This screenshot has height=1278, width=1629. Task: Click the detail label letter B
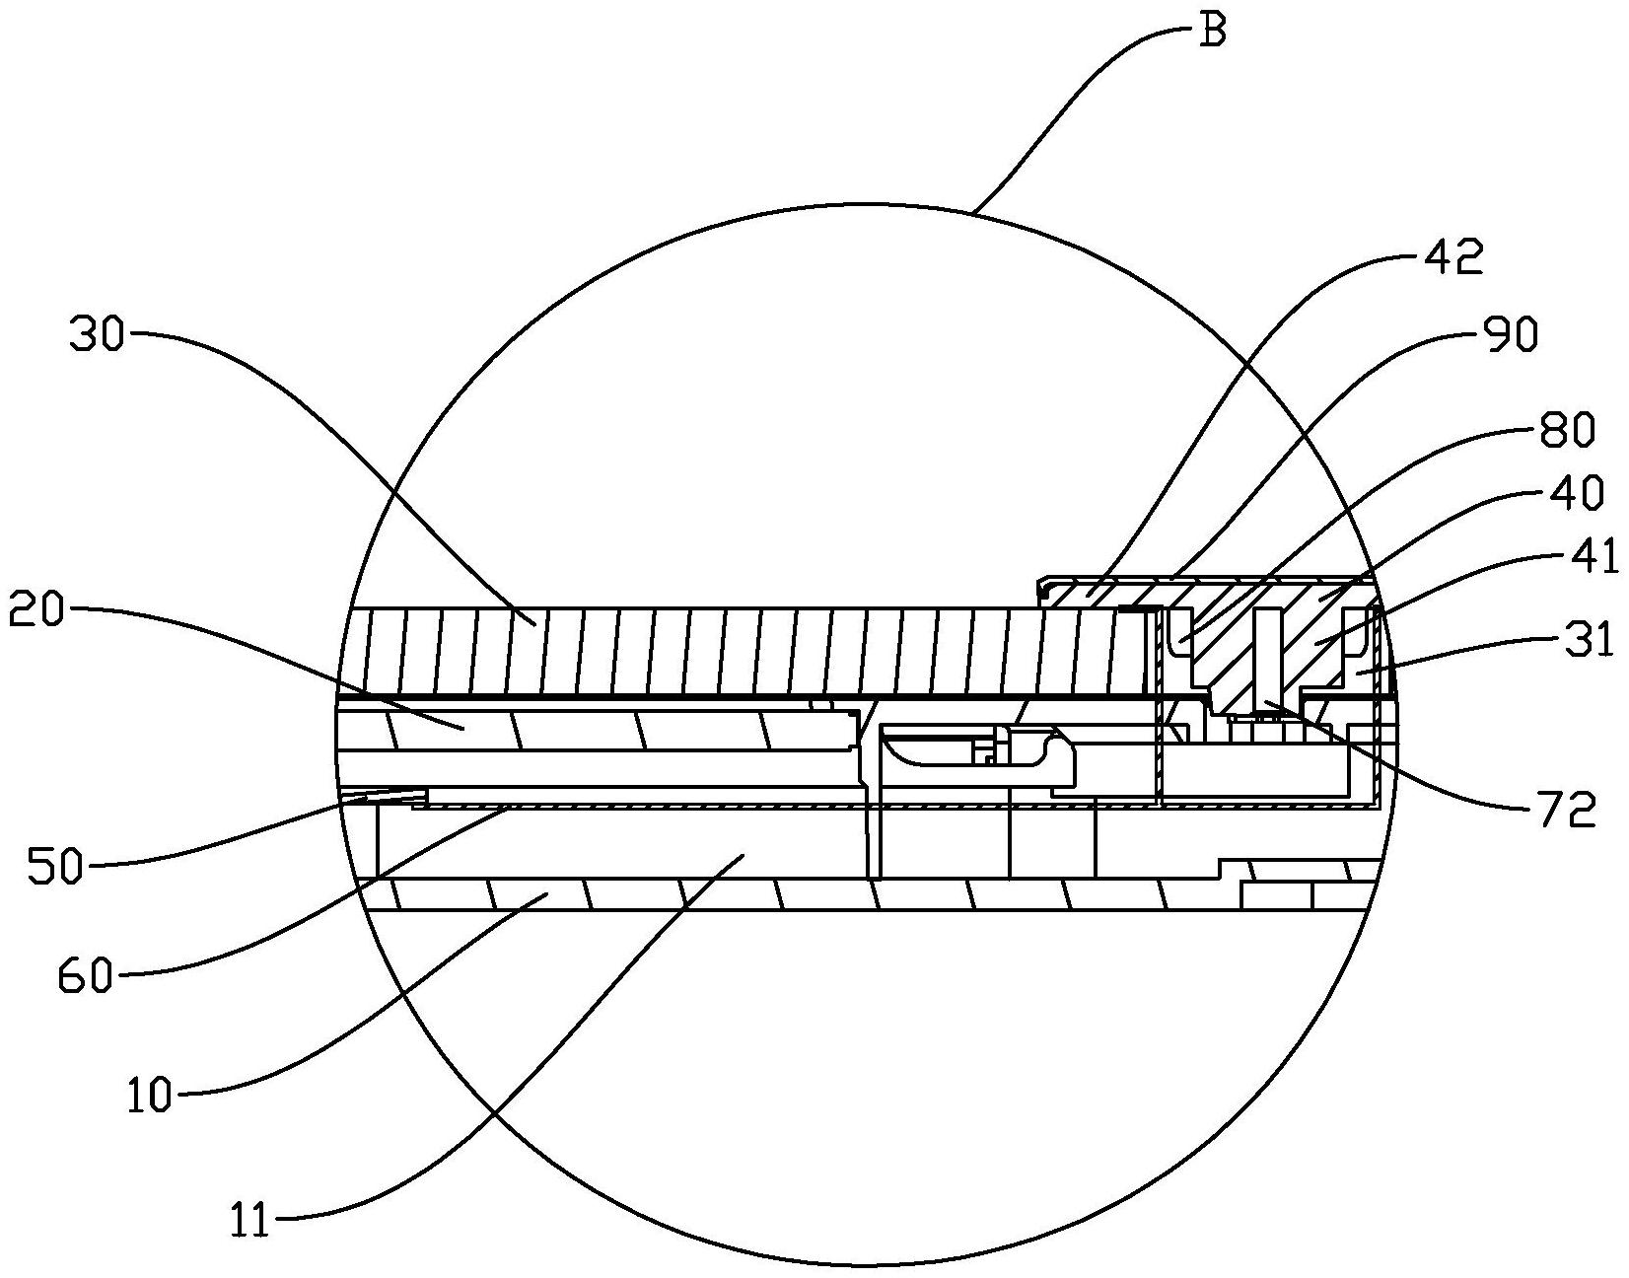[1212, 31]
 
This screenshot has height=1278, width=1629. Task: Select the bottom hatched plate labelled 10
[789, 893]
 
